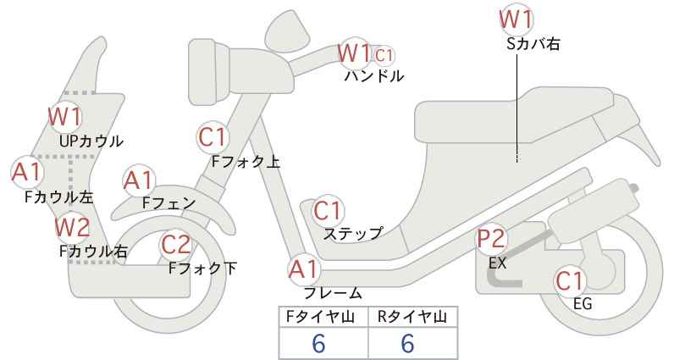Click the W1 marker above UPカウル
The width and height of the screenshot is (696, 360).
coord(65,117)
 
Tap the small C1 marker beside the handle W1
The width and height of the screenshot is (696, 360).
coord(384,56)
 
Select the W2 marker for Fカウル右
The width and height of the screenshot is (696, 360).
coord(72,227)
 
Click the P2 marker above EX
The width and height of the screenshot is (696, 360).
coord(492,240)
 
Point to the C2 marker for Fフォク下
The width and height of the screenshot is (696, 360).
coord(176,245)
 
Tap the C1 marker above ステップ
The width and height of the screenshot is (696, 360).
coord(328,211)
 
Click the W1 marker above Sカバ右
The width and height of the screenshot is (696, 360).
coord(516,20)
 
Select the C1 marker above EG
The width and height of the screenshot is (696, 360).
coord(570,281)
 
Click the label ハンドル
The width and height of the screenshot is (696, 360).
coord(374,76)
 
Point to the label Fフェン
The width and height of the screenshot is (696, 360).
coord(169,203)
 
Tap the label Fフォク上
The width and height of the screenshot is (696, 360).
coord(246,162)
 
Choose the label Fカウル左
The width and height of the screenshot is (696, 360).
coord(59,197)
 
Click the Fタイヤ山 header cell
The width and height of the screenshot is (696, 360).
coord(323,317)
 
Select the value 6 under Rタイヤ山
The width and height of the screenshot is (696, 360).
coord(407,343)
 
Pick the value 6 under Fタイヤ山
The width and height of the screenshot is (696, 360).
coord(318,343)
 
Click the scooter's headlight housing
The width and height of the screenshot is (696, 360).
coord(209,71)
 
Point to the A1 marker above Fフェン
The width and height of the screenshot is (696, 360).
coord(139,181)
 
